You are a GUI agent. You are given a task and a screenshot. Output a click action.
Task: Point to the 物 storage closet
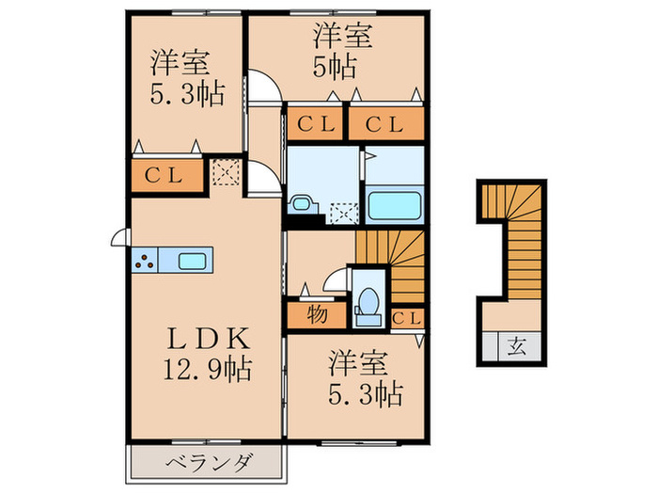click(x=317, y=314)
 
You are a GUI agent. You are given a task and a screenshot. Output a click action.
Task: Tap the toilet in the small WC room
click(x=368, y=302)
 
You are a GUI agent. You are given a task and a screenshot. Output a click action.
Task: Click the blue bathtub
click(x=393, y=203)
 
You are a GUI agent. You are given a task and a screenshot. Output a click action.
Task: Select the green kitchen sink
click(x=191, y=261)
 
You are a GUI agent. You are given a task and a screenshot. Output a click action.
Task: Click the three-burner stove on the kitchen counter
click(x=145, y=261)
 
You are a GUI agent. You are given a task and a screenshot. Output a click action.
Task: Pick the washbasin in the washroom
click(x=303, y=202)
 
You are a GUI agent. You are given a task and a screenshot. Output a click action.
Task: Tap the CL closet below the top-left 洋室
click(x=167, y=175)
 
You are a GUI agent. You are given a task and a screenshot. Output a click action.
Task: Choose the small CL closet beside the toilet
click(x=406, y=318)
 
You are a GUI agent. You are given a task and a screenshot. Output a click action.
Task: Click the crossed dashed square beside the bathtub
click(x=344, y=213)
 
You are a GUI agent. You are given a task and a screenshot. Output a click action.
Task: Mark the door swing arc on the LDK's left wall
click(x=119, y=238)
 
